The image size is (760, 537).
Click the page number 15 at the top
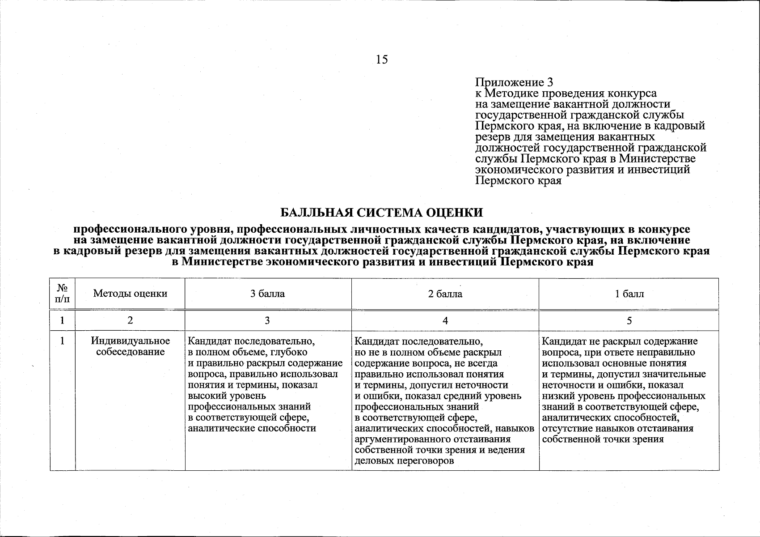point(382,60)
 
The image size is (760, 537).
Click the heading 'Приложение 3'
point(514,82)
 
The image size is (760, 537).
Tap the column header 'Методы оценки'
point(130,294)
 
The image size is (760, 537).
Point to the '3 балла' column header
point(267,294)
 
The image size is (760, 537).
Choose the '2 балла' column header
point(445,294)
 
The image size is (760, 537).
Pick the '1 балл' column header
point(629,294)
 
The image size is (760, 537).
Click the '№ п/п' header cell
point(62,294)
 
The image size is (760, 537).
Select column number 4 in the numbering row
point(445,320)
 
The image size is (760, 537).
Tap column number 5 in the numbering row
point(629,320)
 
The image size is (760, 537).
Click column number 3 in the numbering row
point(267,320)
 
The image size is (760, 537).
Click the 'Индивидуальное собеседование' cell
point(130,346)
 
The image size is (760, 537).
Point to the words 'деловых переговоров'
point(404,460)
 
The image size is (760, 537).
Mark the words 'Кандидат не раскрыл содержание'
point(620,341)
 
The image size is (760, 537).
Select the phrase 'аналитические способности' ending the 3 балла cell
point(252,428)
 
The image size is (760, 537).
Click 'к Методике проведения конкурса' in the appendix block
point(566,94)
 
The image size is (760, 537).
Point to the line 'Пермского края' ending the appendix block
point(518,181)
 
